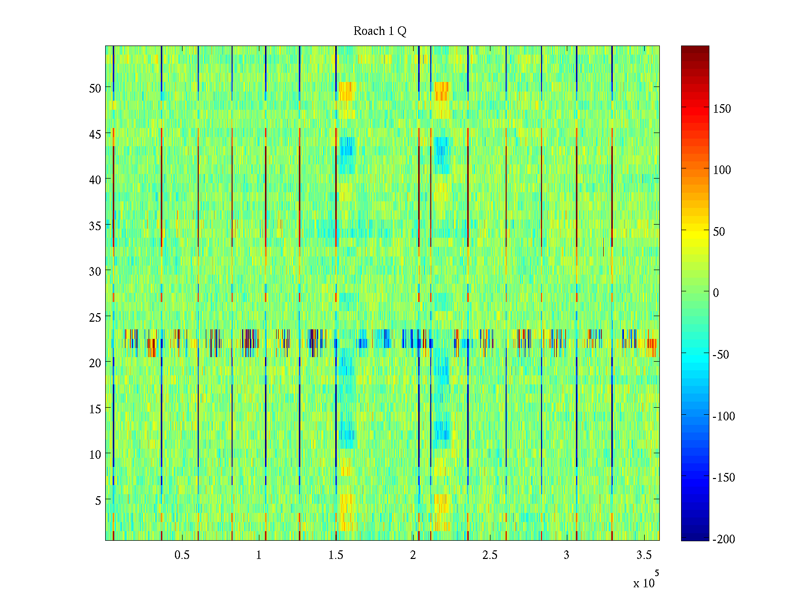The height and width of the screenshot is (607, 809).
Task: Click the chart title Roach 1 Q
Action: (380, 31)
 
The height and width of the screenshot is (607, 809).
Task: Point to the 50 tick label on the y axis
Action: (95, 88)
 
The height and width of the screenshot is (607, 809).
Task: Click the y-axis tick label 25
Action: (95, 317)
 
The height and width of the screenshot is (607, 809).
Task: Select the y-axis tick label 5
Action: (98, 500)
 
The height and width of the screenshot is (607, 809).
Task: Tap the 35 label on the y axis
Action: (95, 226)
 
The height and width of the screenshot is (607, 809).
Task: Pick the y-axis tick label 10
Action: (95, 455)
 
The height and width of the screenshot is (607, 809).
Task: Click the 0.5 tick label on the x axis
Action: (182, 555)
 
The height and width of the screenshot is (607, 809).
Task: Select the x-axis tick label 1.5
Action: (336, 555)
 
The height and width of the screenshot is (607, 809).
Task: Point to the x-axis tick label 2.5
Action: (489, 555)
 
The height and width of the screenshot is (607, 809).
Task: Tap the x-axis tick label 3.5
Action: (644, 555)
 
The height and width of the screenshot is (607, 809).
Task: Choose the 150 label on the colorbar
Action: (722, 109)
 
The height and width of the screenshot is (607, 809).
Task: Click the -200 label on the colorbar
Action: (724, 540)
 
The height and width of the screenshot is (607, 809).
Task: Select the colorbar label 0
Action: (715, 293)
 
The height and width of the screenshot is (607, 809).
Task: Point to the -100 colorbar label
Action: (724, 416)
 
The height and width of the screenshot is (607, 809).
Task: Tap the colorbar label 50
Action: (719, 232)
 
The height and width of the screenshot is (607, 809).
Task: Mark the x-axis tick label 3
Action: (566, 555)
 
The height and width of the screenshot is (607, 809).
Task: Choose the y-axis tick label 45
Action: (95, 134)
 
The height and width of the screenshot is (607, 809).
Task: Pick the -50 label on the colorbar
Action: (721, 355)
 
